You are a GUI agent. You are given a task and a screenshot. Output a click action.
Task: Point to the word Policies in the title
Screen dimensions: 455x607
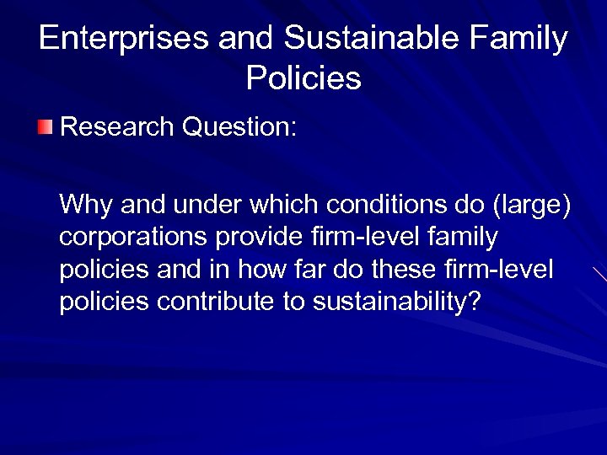(303, 78)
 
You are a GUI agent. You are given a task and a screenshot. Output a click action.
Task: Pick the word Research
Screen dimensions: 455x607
(117, 127)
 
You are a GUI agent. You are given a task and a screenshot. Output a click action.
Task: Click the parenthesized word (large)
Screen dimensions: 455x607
(529, 205)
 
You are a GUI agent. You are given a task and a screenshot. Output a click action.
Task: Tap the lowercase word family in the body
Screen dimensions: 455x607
(461, 238)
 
